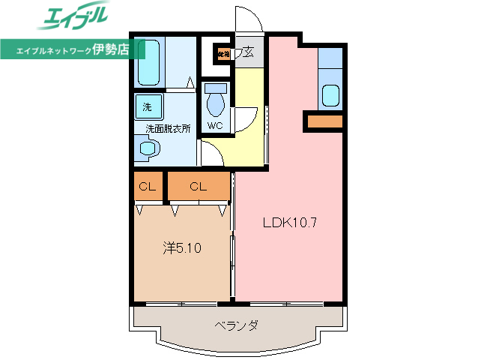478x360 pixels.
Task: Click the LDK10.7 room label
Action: click(291, 223)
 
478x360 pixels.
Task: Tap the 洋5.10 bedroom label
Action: click(181, 247)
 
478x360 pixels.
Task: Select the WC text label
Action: click(215, 125)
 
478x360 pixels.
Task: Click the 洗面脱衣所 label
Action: click(168, 128)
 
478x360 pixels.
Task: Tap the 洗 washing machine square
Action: click(147, 106)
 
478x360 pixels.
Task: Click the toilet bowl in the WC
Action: click(216, 98)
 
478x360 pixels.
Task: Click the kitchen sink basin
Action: click(330, 96)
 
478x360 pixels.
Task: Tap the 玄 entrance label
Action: click(247, 54)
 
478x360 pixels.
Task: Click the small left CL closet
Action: click(147, 187)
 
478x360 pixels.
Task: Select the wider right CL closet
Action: click(198, 187)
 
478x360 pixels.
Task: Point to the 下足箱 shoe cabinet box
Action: click(223, 54)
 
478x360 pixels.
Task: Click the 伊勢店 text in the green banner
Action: click(110, 50)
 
